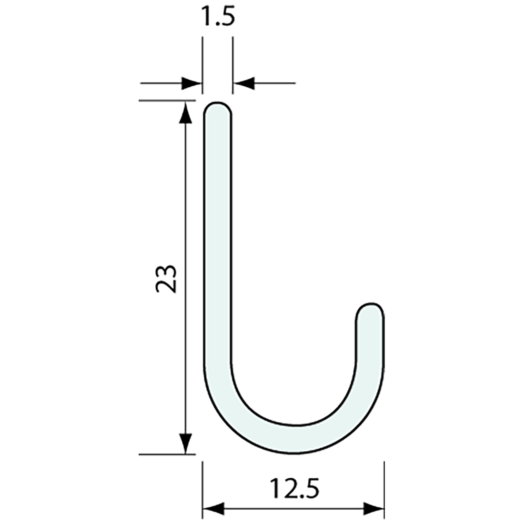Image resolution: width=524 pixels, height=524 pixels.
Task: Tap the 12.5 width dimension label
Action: point(294,488)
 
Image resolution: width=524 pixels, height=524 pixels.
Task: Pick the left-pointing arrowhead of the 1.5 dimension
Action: point(243,83)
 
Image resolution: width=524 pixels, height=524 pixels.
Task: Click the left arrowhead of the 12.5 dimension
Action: point(213,509)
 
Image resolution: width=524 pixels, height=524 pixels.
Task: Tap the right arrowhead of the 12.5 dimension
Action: point(373,509)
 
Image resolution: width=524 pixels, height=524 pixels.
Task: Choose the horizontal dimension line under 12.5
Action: point(294,509)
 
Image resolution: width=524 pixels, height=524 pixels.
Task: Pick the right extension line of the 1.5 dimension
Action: point(232,62)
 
